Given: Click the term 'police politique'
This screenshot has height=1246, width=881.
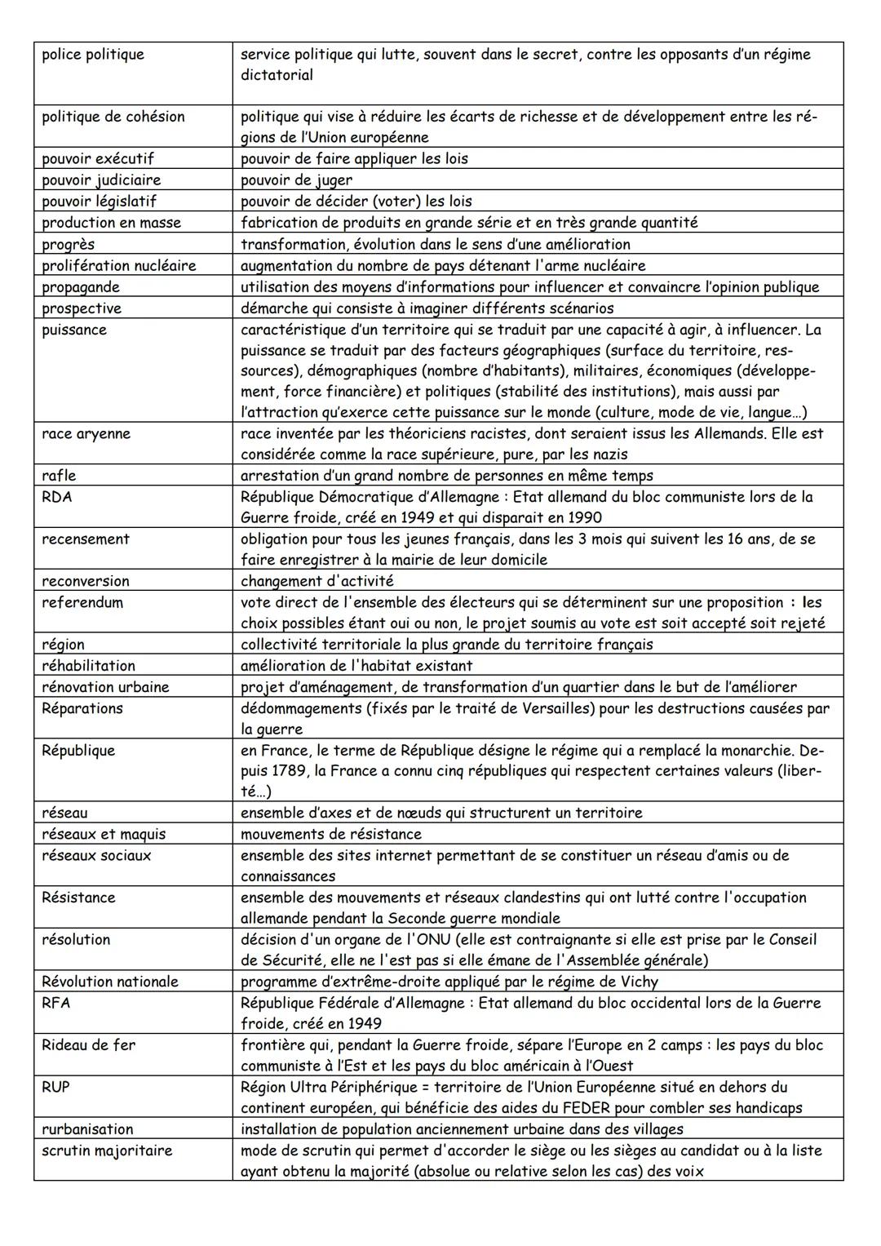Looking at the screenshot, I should click(x=93, y=55).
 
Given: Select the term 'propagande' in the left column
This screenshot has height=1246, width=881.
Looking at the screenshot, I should click(x=81, y=287).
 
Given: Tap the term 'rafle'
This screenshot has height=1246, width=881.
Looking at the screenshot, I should click(x=59, y=475).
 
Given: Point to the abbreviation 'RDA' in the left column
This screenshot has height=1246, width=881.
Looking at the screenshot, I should click(x=57, y=496).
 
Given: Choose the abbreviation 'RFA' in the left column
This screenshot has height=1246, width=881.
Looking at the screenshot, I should click(x=56, y=1002).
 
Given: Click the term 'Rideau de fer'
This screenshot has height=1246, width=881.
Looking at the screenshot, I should click(x=89, y=1044).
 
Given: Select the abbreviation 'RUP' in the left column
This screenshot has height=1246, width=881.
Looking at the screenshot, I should click(x=56, y=1087).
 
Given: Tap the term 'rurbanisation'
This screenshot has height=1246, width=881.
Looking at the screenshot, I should click(x=87, y=1129).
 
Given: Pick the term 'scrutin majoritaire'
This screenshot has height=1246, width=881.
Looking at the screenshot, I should click(x=107, y=1151).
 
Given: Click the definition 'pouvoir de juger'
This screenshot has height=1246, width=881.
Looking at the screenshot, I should click(x=297, y=180).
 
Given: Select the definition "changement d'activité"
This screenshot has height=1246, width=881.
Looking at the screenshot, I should click(x=317, y=581).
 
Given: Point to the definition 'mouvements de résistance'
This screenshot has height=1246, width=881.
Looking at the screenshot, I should click(x=331, y=834).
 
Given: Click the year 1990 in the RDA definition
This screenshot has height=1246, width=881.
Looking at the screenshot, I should click(x=584, y=517).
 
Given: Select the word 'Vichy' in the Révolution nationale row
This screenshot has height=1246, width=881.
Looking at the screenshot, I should click(x=637, y=982).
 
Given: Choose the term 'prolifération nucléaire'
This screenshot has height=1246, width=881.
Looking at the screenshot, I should click(x=119, y=266).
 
